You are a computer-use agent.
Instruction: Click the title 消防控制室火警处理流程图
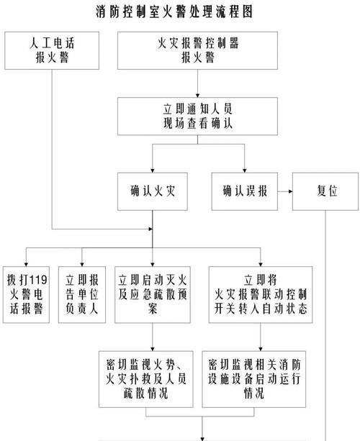[x=174, y=12]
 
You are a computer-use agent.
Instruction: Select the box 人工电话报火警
[x=52, y=50]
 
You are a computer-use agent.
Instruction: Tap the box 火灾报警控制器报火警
[x=197, y=50]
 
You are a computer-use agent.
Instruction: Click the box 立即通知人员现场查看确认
[x=197, y=116]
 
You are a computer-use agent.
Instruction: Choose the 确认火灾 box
[x=152, y=191]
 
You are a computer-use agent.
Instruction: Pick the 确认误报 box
[x=244, y=191]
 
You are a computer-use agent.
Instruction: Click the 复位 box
[x=325, y=191]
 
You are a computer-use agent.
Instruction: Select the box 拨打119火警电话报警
[x=26, y=295]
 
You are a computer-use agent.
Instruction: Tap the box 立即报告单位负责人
[x=82, y=295]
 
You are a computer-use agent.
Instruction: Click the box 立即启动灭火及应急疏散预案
[x=152, y=295]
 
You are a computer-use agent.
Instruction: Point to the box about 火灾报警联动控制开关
[x=261, y=295]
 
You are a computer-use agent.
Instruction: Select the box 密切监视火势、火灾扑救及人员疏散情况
[x=146, y=379]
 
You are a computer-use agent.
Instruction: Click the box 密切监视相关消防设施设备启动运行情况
[x=254, y=379]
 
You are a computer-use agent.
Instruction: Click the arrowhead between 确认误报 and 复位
[x=290, y=191]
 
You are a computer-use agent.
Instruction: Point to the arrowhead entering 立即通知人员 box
[x=197, y=96]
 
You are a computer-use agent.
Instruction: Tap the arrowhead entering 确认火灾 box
[x=152, y=171]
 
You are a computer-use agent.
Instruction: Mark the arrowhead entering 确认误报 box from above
[x=244, y=171]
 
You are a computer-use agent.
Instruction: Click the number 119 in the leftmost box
[x=38, y=280]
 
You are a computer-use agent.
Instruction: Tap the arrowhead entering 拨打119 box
[x=26, y=265]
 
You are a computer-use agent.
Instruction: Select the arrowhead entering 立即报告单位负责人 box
[x=82, y=265]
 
